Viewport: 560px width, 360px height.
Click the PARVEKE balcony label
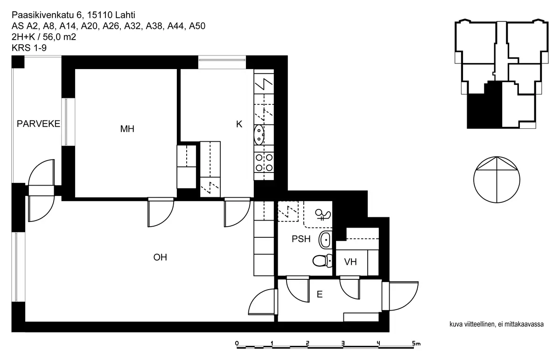tap(38, 124)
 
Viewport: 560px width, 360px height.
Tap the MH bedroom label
tap(127, 129)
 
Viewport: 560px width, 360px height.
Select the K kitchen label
tap(239, 124)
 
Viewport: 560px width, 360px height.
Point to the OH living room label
tap(160, 257)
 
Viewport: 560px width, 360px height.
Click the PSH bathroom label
tap(301, 239)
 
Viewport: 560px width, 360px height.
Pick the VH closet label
tap(350, 262)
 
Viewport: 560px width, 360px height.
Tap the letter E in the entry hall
tap(320, 294)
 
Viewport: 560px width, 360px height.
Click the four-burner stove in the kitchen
tap(264, 163)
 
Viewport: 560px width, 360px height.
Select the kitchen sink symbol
tap(259, 135)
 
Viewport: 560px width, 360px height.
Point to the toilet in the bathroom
tap(322, 261)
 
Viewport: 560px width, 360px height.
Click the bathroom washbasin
tap(325, 240)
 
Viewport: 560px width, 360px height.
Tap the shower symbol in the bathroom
tap(323, 215)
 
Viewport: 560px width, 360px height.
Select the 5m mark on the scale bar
tap(416, 343)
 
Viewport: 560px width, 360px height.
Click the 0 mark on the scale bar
tap(237, 343)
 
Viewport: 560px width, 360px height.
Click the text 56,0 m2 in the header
tap(59, 37)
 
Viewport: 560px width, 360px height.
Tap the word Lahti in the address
tap(125, 15)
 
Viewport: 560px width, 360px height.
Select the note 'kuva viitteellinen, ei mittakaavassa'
tap(497, 324)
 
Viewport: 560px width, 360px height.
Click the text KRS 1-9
tap(29, 48)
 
